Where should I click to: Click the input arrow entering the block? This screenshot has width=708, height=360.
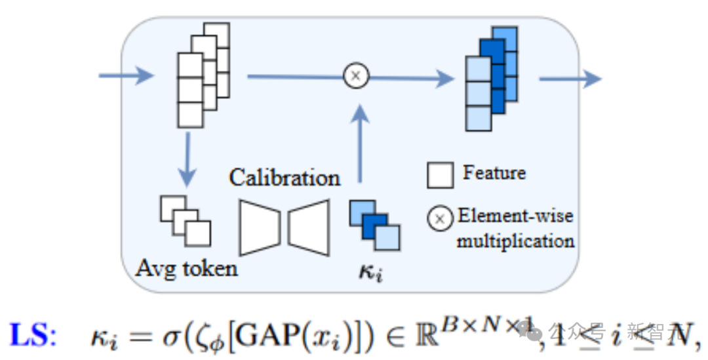click(125, 76)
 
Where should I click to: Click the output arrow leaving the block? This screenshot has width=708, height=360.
click(569, 79)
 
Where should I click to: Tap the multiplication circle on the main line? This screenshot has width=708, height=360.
click(356, 76)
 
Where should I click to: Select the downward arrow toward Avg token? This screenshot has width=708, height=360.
click(188, 158)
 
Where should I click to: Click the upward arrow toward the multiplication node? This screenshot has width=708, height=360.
click(358, 144)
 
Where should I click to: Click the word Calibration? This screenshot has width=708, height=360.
click(285, 177)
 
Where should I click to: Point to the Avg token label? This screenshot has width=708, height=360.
click(186, 268)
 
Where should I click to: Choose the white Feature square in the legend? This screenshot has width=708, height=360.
click(440, 175)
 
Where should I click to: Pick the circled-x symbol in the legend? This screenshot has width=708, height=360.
click(440, 218)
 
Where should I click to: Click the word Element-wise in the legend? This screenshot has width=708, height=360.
click(515, 216)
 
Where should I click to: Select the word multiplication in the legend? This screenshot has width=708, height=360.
click(515, 241)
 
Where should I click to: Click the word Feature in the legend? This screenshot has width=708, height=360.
click(494, 173)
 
